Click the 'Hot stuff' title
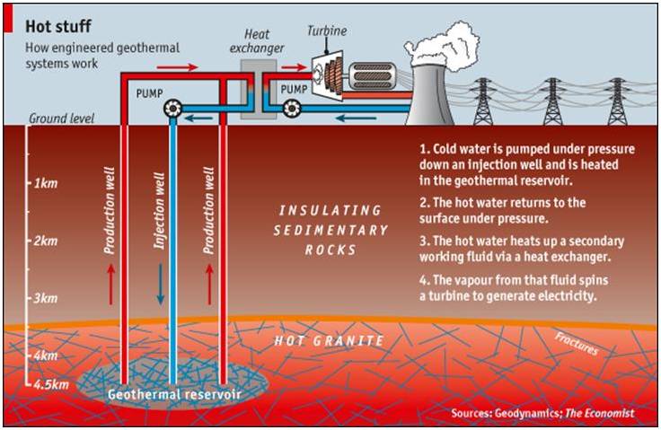58,26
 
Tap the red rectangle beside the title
8,20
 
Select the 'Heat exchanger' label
257,41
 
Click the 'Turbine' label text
327,31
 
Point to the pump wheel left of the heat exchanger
172,110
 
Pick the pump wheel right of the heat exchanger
291,109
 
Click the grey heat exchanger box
259,90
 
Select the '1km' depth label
46,183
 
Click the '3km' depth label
46,298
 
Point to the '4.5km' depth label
51,384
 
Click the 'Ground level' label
62,118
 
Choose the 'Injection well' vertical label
159,211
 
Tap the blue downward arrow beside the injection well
160,285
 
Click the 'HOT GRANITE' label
330,340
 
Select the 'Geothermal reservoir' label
174,395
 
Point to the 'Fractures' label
577,344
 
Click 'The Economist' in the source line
599,413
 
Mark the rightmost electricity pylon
618,101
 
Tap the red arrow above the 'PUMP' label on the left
177,67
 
